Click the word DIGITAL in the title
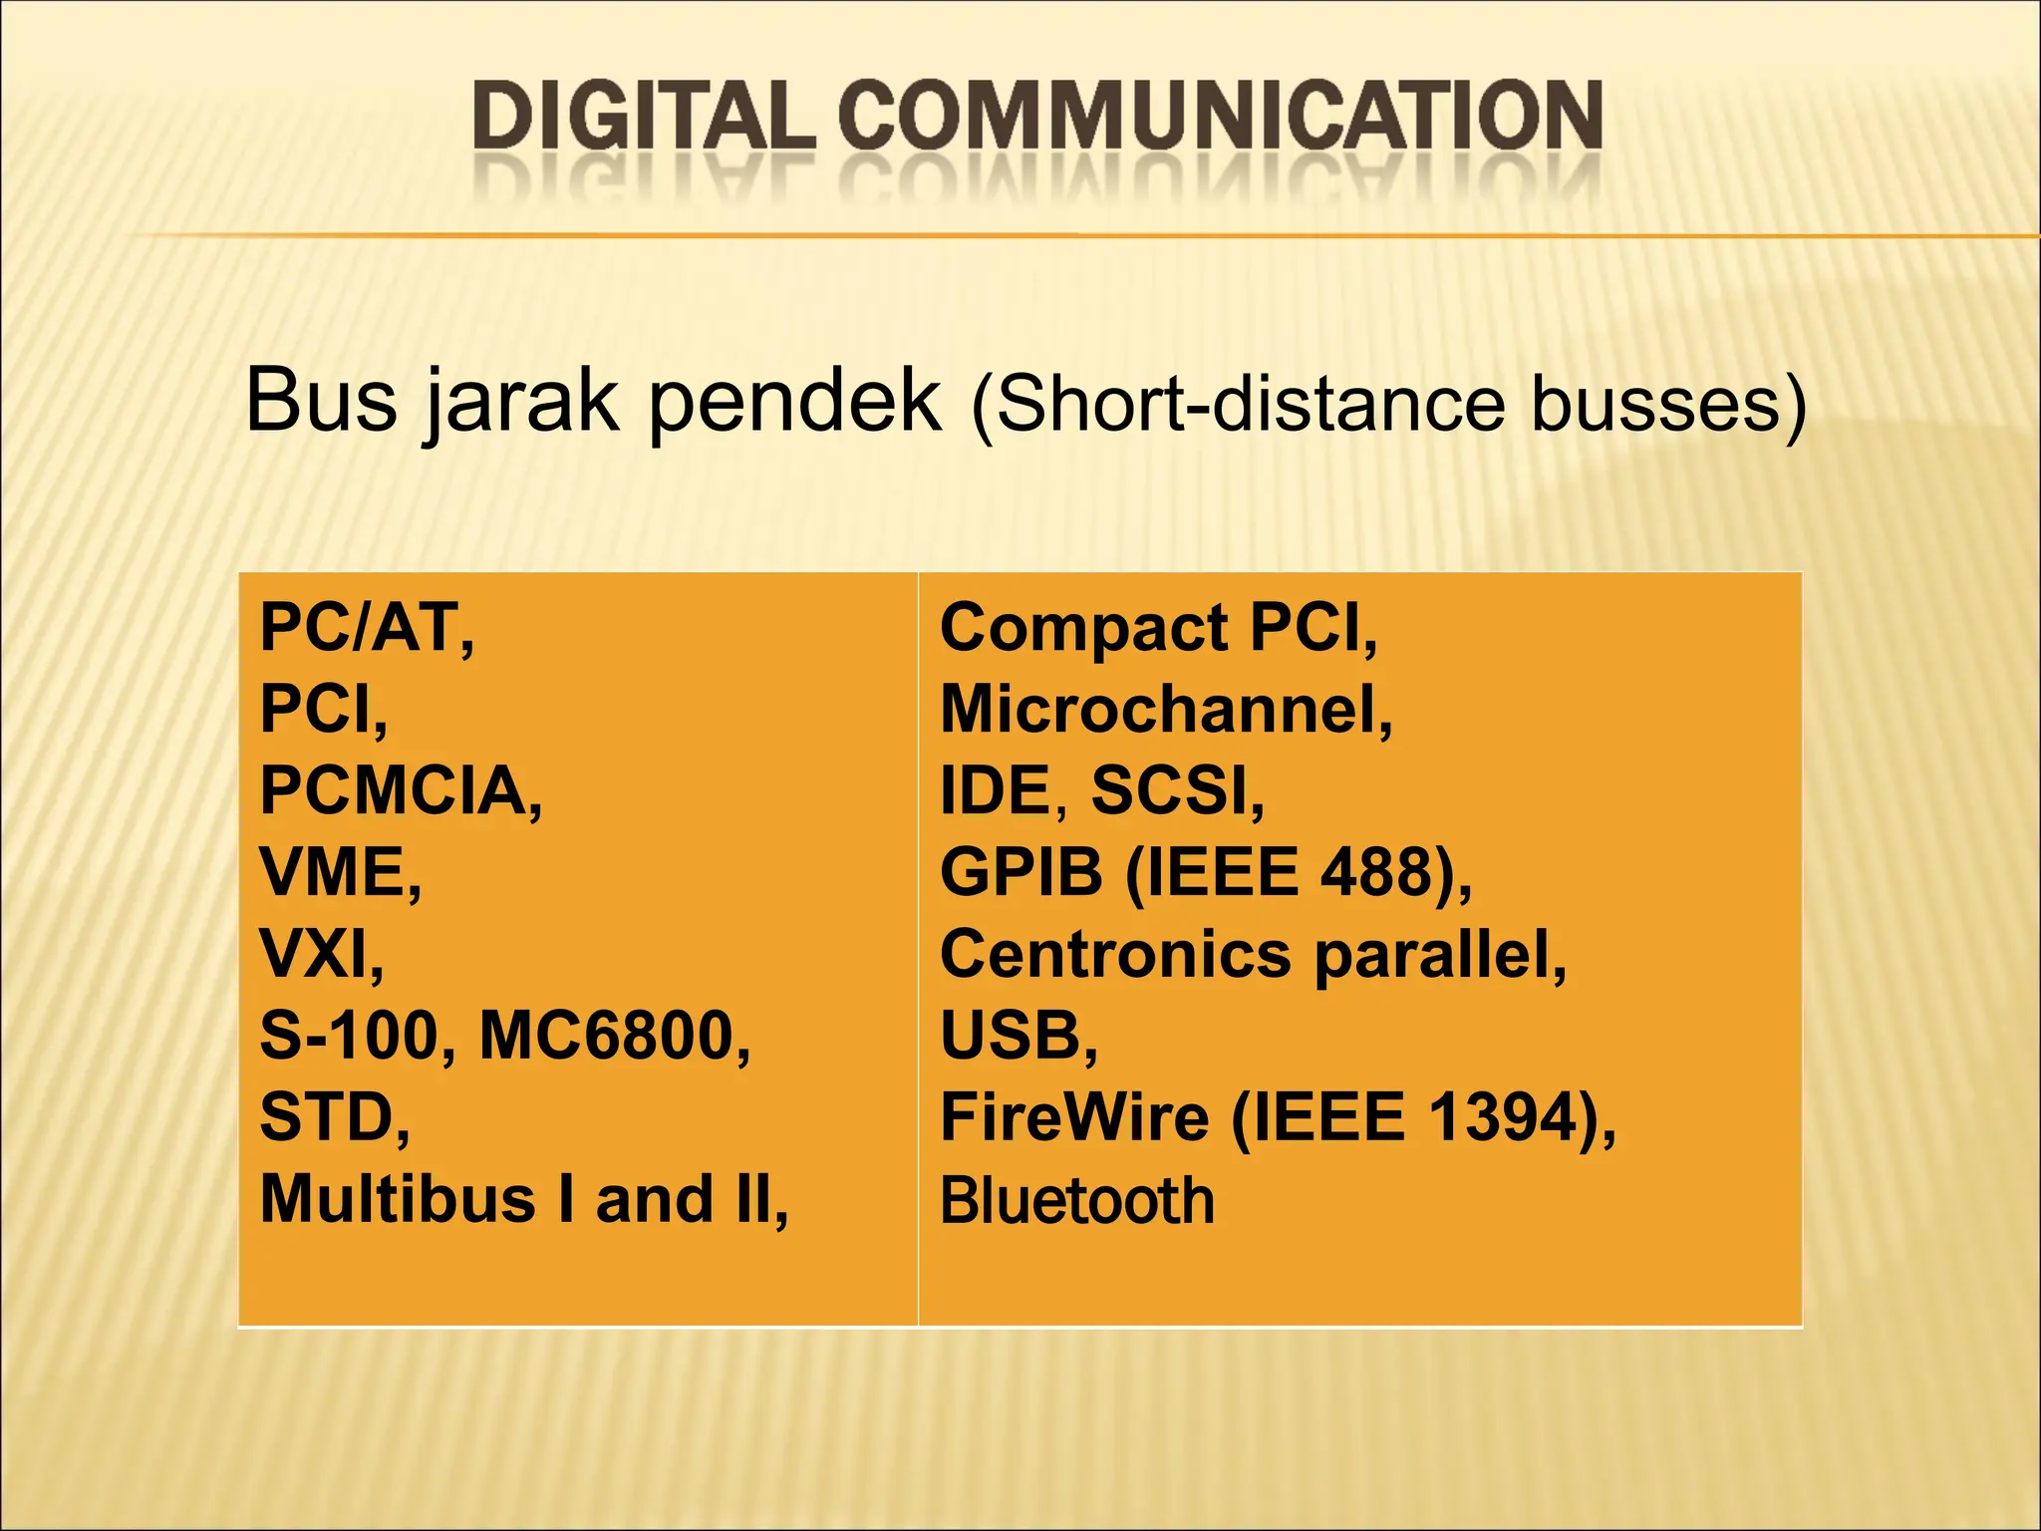pyautogui.click(x=643, y=117)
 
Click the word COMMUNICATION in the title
pyautogui.click(x=1220, y=117)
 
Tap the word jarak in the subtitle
pyautogui.click(x=520, y=402)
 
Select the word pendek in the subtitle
pyautogui.click(x=794, y=402)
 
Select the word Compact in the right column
pyautogui.click(x=1083, y=629)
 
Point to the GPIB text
pyautogui.click(x=1021, y=874)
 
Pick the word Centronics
pyautogui.click(x=1115, y=955)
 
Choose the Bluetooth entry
pyautogui.click(x=1077, y=1200)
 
